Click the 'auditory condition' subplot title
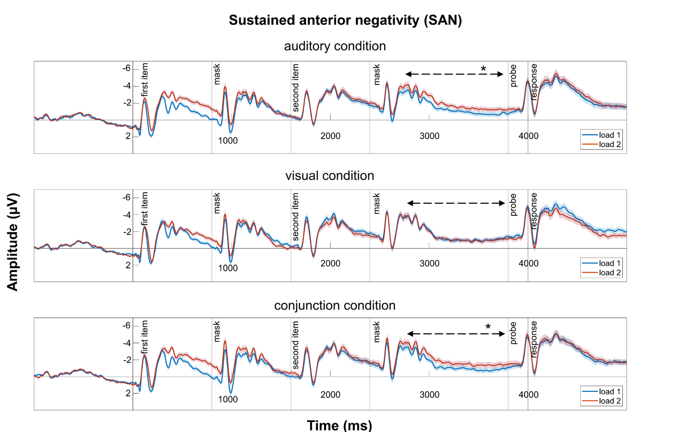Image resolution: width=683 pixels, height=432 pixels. click(335, 46)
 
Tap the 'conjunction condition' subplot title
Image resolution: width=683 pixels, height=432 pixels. click(335, 305)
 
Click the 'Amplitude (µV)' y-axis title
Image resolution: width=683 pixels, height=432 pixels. click(14, 241)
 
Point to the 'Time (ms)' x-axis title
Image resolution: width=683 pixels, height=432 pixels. click(339, 425)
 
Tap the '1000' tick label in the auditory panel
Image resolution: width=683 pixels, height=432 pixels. click(229, 140)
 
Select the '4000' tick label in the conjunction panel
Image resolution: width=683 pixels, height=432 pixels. click(528, 395)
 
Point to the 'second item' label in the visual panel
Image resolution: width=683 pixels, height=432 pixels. click(297, 211)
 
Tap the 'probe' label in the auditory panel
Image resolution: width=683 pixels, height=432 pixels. click(514, 76)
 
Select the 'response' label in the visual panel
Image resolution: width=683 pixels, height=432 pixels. click(534, 210)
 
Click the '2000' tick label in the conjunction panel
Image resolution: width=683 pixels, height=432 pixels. click(330, 395)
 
